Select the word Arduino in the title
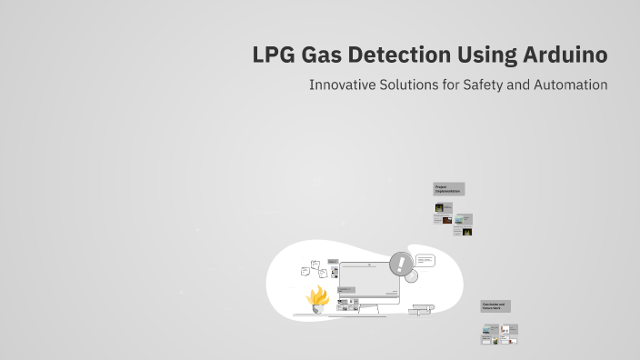565,55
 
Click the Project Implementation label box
448,189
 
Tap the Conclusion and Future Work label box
495,306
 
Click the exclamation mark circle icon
400,264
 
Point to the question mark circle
411,275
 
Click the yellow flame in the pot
318,295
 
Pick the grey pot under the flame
318,308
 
